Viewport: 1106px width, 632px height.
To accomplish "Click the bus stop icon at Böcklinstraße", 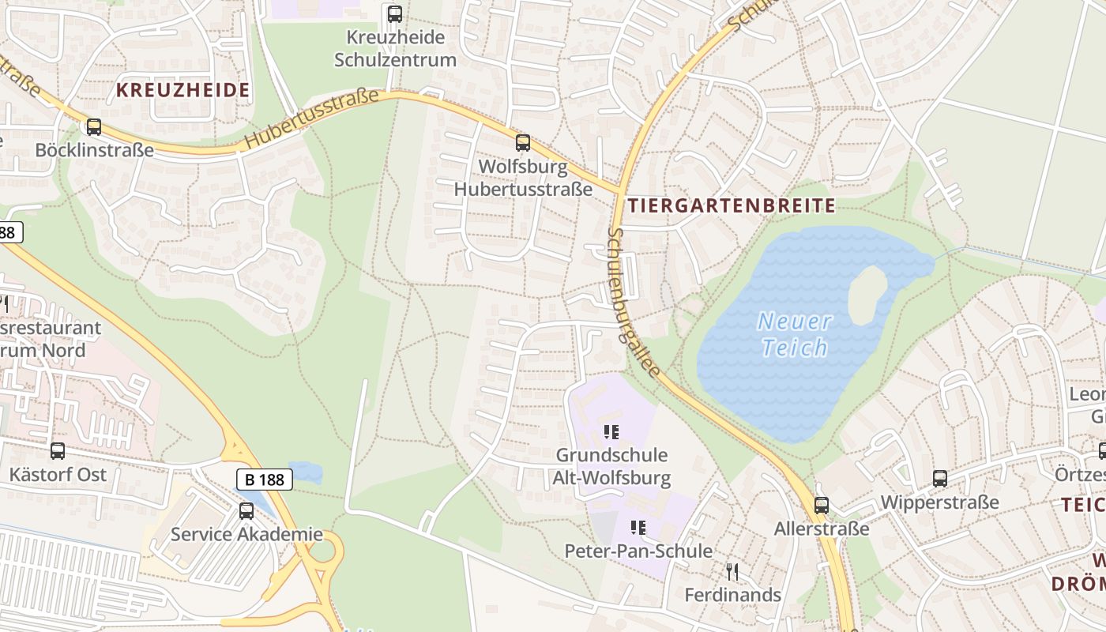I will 94,126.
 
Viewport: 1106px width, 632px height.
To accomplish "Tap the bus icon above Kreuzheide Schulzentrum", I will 394,13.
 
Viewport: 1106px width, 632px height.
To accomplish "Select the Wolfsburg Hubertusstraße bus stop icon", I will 522,143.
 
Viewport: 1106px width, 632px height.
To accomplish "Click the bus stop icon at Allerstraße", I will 822,506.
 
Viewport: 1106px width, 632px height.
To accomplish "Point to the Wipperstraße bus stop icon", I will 939,478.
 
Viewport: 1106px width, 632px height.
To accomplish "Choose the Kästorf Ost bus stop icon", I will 58,451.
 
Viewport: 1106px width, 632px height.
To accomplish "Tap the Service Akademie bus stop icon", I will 246,511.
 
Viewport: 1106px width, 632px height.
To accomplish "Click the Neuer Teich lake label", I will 794,334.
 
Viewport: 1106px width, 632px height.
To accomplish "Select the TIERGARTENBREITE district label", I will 731,206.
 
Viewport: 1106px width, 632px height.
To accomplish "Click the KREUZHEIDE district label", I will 183,90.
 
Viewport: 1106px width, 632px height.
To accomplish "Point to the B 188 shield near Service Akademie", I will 265,479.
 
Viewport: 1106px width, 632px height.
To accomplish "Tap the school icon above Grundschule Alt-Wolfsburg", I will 611,432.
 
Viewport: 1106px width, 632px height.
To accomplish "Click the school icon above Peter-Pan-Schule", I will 638,528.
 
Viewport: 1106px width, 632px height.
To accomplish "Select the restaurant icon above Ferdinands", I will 732,571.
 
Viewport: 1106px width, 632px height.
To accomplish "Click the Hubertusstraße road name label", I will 311,120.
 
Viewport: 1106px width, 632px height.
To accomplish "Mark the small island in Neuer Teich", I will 867,293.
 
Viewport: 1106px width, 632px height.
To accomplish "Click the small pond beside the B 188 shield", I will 307,472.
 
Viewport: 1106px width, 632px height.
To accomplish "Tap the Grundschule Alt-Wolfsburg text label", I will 611,466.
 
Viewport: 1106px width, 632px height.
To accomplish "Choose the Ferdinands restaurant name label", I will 732,595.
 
